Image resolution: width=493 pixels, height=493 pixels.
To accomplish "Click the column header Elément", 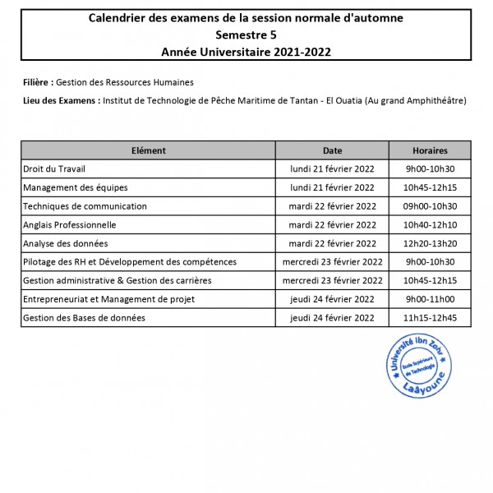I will pyautogui.click(x=148, y=150).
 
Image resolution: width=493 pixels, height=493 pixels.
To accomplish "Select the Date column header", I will pyautogui.click(x=332, y=150).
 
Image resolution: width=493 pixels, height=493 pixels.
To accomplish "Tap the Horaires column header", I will pyautogui.click(x=430, y=150).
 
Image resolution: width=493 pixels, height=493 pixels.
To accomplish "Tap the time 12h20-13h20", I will pyautogui.click(x=430, y=243).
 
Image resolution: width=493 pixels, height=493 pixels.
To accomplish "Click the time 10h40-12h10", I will pyautogui.click(x=430, y=224).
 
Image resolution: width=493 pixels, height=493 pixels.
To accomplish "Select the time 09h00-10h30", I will pyautogui.click(x=430, y=206).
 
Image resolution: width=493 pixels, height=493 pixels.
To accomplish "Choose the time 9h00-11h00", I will pyautogui.click(x=430, y=299).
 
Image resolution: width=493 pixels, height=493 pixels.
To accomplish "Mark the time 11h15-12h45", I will pyautogui.click(x=430, y=317).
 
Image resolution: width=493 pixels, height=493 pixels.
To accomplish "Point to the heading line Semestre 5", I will pyautogui.click(x=246, y=35).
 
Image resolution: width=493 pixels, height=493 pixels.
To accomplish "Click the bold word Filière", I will pyautogui.click(x=39, y=83).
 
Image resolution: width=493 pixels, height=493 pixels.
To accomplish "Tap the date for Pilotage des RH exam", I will pyautogui.click(x=332, y=261).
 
